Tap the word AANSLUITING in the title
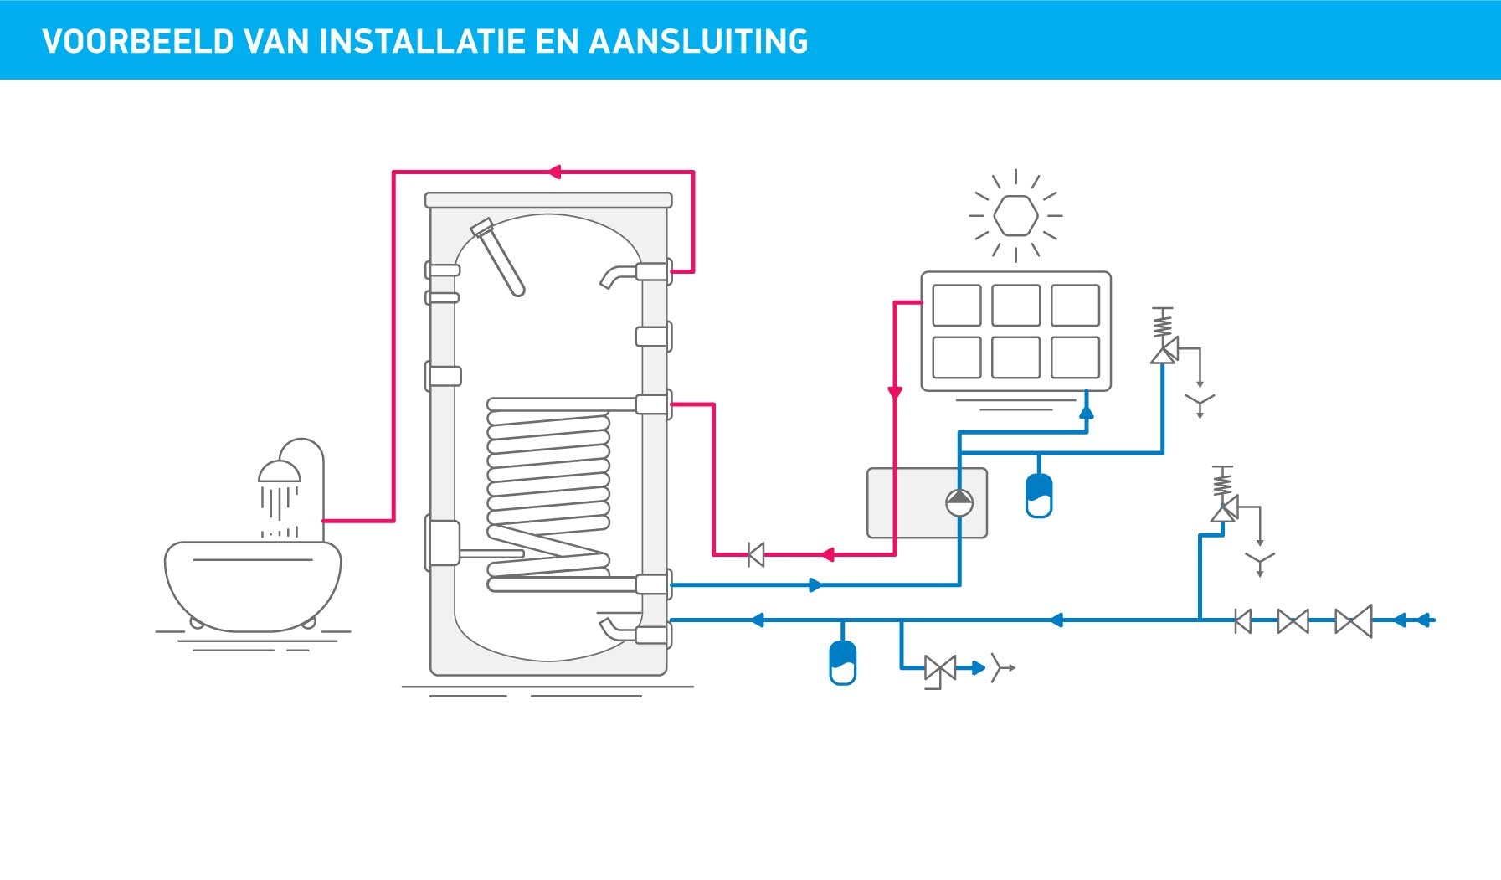click(698, 41)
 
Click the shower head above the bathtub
click(279, 472)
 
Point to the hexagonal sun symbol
click(1015, 215)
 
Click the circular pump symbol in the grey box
click(959, 502)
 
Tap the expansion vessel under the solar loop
click(1039, 495)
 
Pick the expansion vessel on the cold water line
click(842, 662)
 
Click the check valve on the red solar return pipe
click(756, 554)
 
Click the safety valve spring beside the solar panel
click(1163, 322)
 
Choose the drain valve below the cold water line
click(939, 668)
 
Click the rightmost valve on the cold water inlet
click(1353, 621)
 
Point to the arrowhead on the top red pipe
click(553, 172)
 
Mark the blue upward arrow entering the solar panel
click(1086, 409)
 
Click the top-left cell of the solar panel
click(956, 305)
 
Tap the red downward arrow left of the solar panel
click(895, 393)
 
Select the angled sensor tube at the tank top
click(499, 257)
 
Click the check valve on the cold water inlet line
click(1243, 621)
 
